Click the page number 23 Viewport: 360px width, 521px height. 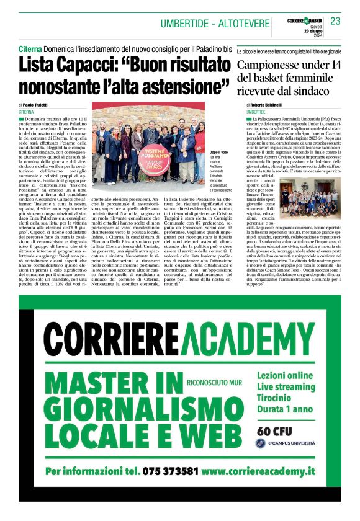335,22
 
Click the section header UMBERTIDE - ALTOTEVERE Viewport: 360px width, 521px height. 213,24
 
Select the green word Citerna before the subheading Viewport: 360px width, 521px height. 30,48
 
